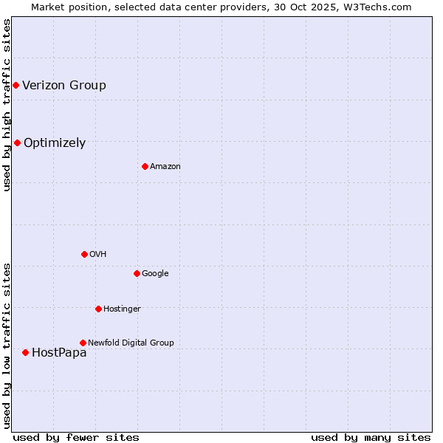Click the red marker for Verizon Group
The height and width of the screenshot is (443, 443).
tap(16, 86)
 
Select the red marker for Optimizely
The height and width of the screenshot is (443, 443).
tap(17, 143)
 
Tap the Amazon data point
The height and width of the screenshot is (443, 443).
tap(145, 166)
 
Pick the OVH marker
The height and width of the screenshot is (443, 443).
tap(84, 254)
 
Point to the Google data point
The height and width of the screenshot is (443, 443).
tap(137, 273)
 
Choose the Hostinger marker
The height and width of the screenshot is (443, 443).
tap(98, 309)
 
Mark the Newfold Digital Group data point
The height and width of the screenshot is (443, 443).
tap(83, 343)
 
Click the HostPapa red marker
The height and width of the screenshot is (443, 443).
tap(25, 353)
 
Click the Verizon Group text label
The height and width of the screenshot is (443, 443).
tap(64, 86)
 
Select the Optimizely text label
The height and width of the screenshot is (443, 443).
tap(55, 143)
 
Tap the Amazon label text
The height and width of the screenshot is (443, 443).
tap(165, 167)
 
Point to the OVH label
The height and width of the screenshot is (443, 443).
tap(98, 255)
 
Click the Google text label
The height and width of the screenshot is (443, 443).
tap(155, 274)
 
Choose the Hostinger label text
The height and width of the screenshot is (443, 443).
tap(122, 309)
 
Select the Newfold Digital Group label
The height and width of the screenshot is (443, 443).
tap(131, 343)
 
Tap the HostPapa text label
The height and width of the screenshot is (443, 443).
tap(59, 353)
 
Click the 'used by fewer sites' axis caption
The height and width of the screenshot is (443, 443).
tap(76, 437)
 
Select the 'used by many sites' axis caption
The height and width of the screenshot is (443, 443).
tap(371, 437)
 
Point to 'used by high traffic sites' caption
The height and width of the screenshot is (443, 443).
tap(7, 105)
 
